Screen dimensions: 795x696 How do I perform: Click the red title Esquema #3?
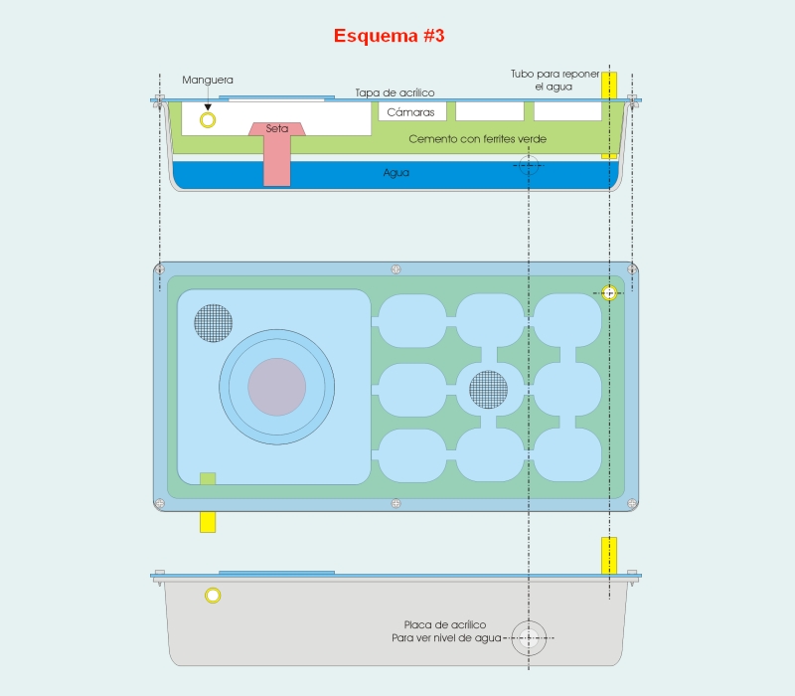pos(389,36)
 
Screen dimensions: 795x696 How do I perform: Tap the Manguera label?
pos(208,80)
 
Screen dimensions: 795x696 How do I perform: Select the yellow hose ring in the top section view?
pos(208,120)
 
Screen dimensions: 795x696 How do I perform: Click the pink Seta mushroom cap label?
pos(277,129)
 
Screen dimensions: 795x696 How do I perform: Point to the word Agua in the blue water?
pos(396,172)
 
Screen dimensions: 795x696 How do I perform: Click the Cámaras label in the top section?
pos(410,112)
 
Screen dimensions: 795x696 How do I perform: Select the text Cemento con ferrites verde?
pos(477,139)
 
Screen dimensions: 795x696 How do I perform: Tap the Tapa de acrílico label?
pos(395,92)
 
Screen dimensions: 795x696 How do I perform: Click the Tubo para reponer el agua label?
pos(555,81)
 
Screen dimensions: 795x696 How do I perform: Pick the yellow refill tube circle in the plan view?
pos(609,292)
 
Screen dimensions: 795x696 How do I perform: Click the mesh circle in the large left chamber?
pos(214,323)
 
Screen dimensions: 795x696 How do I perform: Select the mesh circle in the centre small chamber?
pos(488,390)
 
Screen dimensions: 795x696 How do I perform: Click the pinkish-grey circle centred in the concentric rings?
pos(277,387)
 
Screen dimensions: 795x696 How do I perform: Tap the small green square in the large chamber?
pos(208,478)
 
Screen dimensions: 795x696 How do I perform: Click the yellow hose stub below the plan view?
pos(208,522)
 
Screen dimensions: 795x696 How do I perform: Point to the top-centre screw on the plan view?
pos(396,269)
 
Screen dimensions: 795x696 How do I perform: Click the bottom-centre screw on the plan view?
pos(396,503)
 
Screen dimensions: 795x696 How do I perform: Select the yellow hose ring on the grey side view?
pos(213,595)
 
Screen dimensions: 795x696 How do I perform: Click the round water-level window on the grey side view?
pos(529,637)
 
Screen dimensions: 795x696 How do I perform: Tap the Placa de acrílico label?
pos(444,624)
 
